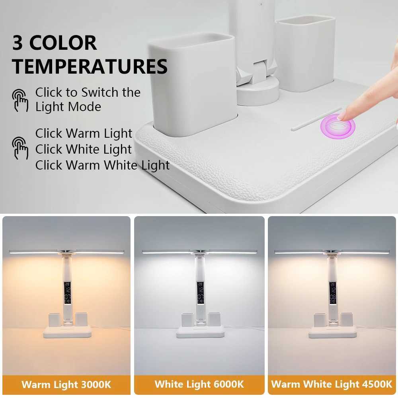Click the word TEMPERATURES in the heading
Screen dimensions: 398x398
point(90,66)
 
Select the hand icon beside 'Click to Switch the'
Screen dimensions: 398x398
point(20,100)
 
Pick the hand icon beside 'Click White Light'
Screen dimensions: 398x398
point(20,148)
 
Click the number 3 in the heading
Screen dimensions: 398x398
point(18,43)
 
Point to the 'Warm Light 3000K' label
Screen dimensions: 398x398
point(66,384)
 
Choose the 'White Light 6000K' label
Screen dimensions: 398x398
point(199,384)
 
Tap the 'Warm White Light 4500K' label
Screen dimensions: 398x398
point(332,384)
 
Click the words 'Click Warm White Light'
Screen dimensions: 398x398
point(102,165)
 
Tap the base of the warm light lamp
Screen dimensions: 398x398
point(67,332)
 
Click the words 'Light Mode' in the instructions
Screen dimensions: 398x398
point(68,107)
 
